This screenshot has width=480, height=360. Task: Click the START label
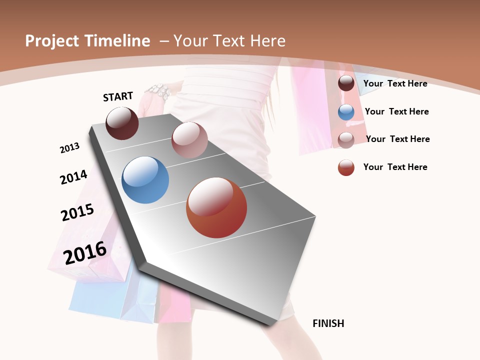(118, 96)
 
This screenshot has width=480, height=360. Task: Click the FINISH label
(328, 323)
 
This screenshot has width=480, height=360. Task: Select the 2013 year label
(69, 147)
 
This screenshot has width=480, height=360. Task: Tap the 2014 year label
(73, 177)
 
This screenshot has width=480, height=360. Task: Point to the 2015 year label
(77, 212)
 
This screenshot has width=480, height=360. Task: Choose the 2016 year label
(85, 252)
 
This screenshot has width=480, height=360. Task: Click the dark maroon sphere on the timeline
(122, 123)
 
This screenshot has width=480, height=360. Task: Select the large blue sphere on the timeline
(145, 180)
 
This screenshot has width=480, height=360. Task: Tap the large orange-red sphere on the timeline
(216, 207)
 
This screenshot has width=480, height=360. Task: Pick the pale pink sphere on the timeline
(189, 140)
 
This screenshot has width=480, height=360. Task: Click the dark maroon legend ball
(346, 83)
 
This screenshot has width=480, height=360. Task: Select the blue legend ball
(346, 112)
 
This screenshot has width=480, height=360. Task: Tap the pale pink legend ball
(346, 139)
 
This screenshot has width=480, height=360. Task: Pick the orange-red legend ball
(346, 167)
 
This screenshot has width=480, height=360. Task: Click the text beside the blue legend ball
(396, 111)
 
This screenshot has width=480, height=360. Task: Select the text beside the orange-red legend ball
(395, 167)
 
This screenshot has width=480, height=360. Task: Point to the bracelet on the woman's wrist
(159, 91)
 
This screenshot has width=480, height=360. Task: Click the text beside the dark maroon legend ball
(395, 83)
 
